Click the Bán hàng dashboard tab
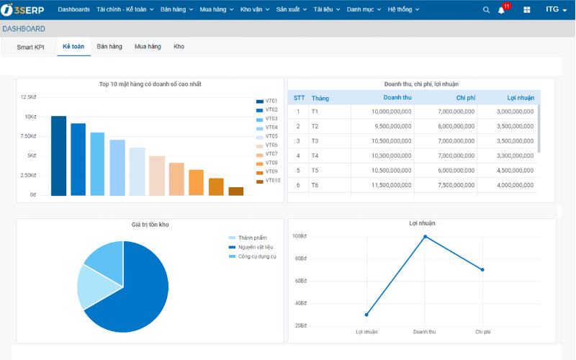point(109,47)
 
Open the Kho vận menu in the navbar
point(255,9)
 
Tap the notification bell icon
point(501,10)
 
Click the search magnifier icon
point(486,10)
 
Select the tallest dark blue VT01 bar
point(59,156)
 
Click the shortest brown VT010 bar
point(236,191)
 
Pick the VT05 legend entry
point(267,136)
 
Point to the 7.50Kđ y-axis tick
point(28,136)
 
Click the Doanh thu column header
point(397,98)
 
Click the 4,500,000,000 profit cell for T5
point(515,171)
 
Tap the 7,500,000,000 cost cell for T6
point(456,185)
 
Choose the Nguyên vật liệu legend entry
point(251,247)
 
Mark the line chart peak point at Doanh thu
point(425,237)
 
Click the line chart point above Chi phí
point(482,269)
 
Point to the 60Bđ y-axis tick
point(300,281)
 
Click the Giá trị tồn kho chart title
point(150,225)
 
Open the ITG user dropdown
point(556,9)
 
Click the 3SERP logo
point(22,10)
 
